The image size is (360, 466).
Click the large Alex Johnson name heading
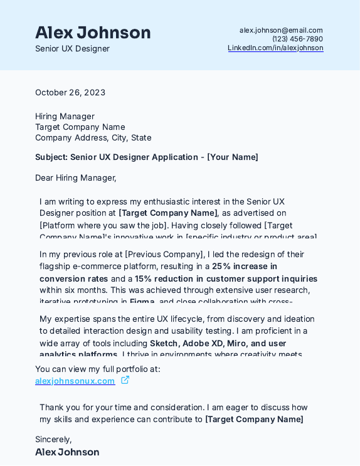93,33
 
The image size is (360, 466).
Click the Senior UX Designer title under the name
72,49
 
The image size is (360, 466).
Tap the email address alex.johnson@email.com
281,30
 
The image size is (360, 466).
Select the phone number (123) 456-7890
297,39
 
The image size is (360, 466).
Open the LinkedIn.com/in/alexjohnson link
275,48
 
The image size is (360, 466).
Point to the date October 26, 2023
70,93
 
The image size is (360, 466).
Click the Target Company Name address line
80,127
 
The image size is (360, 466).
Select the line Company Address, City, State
93,138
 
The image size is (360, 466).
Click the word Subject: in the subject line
51,157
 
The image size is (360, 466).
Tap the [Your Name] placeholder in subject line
233,157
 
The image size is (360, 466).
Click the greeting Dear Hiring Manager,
76,177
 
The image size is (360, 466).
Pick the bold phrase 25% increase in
245,267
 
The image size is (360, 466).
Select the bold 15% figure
143,278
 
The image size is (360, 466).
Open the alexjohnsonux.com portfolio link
75,381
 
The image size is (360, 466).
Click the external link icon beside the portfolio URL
125,380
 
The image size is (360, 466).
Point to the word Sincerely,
53,439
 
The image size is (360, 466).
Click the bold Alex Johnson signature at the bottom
67,452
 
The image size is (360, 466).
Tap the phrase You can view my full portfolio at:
98,369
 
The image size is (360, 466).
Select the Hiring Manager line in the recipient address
65,116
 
